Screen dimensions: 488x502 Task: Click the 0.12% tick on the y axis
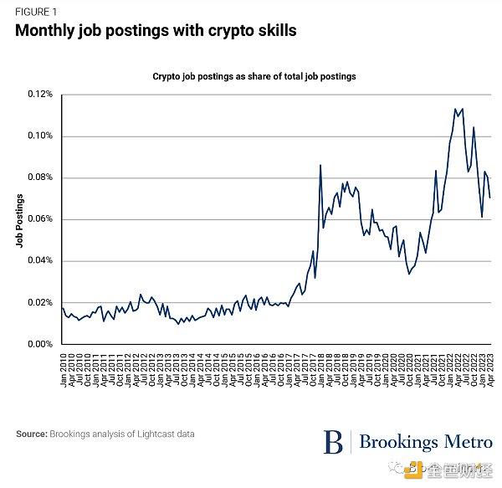click(40, 95)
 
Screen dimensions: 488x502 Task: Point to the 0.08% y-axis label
click(40, 177)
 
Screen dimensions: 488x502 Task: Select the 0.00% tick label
click(40, 344)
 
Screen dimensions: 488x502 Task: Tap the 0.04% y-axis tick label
click(40, 261)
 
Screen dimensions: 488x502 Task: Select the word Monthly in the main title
click(49, 32)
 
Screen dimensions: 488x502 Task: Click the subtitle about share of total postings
click(254, 76)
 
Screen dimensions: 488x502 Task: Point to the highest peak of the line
click(455, 109)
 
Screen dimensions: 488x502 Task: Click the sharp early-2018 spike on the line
click(320, 165)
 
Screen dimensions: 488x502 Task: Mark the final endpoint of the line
click(490, 198)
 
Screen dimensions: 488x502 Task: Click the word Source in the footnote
click(32, 434)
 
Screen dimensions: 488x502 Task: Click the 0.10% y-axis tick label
click(40, 136)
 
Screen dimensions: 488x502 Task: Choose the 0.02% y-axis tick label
click(40, 302)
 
